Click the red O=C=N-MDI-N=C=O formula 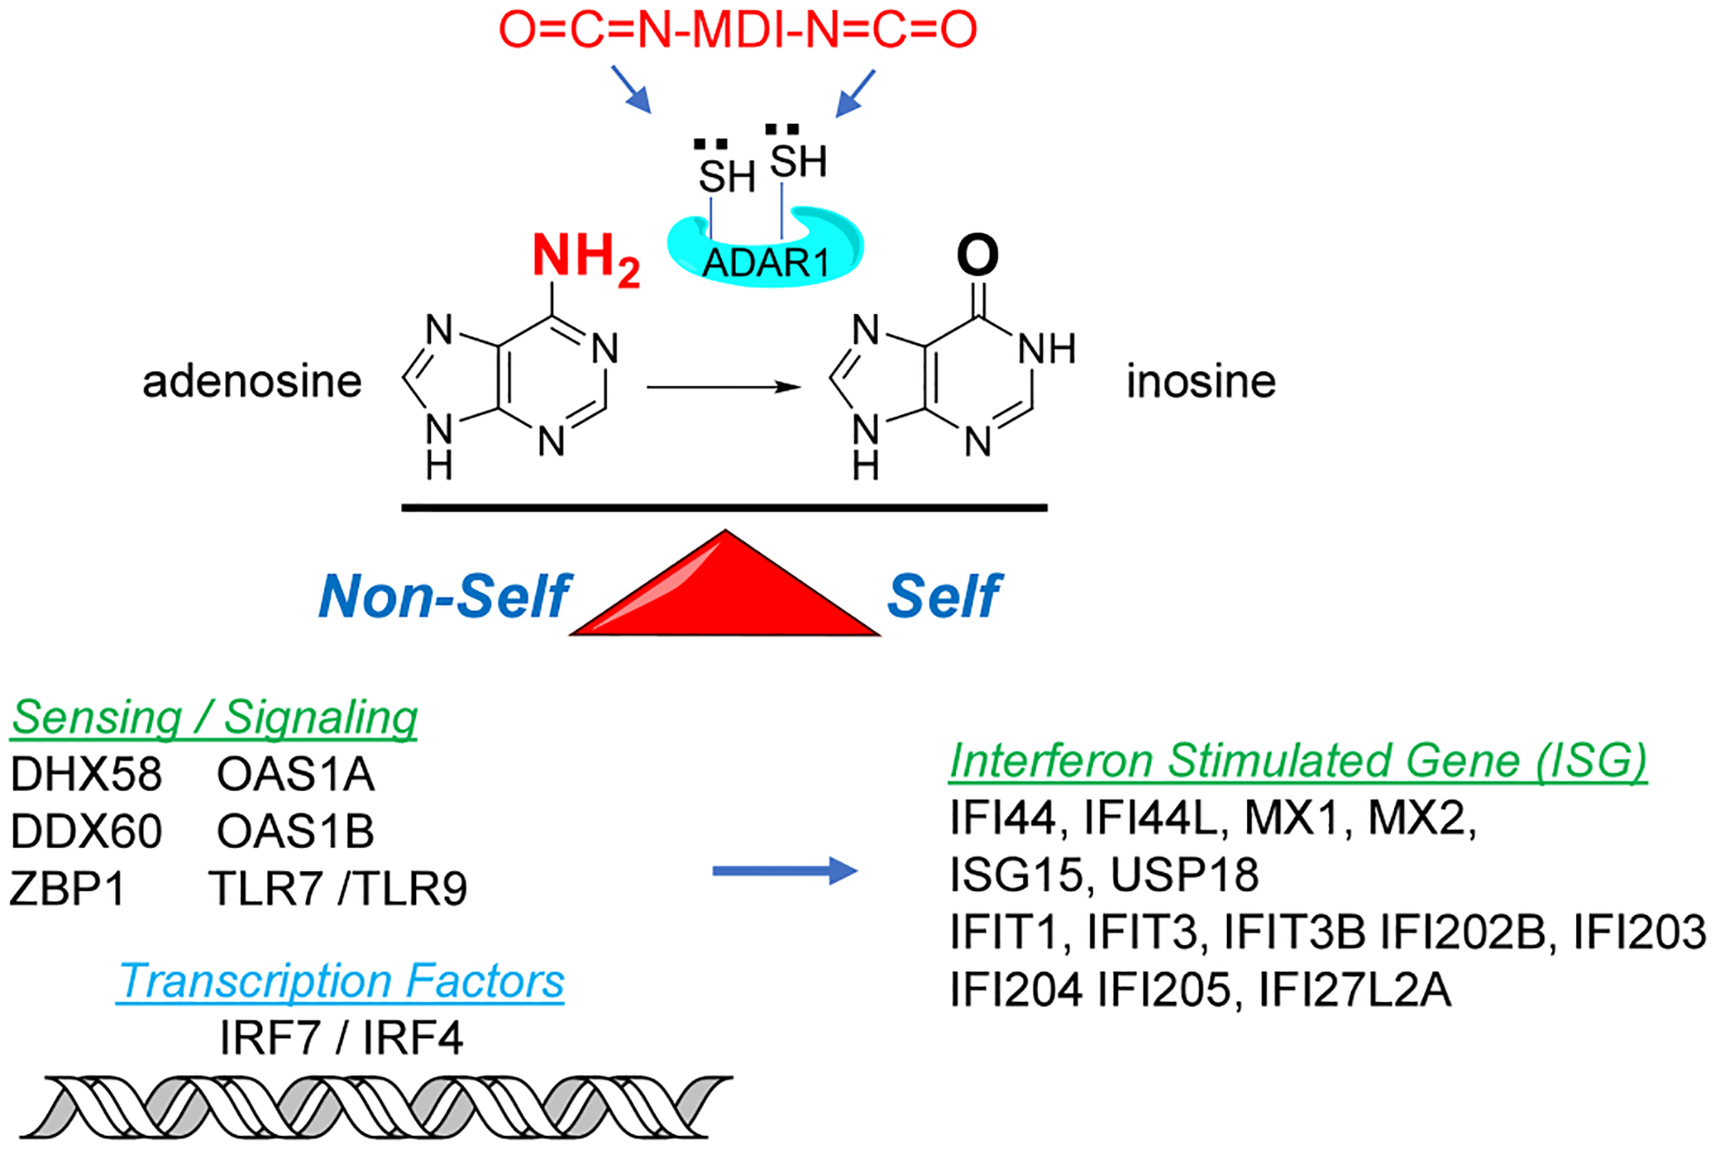click(x=738, y=30)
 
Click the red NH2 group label click(x=586, y=259)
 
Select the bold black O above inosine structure click(x=977, y=255)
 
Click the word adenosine click(x=252, y=382)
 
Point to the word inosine click(x=1201, y=382)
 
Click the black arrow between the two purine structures click(x=724, y=387)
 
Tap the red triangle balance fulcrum click(x=725, y=582)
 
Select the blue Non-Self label click(x=445, y=596)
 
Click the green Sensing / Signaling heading click(x=214, y=718)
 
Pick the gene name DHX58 click(x=86, y=774)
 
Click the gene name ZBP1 click(x=68, y=889)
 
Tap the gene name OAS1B click(x=296, y=831)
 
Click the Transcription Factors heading click(x=340, y=981)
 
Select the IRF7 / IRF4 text click(x=341, y=1038)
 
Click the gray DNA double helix click(x=376, y=1107)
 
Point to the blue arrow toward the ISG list click(x=785, y=871)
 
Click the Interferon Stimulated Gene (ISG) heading click(x=1298, y=761)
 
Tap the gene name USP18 click(x=1185, y=875)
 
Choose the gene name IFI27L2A click(x=1354, y=990)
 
